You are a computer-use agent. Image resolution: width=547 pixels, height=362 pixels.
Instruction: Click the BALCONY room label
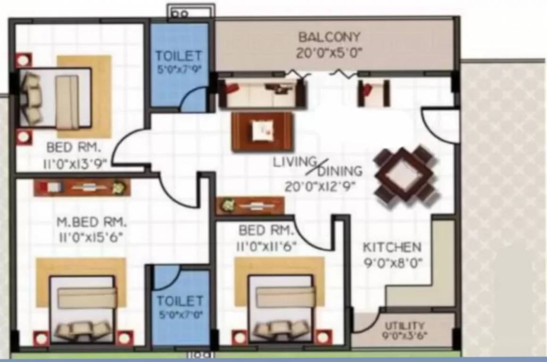329,37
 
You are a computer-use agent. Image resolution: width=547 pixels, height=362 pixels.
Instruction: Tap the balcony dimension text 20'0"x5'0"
329,53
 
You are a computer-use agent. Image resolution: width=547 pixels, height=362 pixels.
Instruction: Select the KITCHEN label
391,247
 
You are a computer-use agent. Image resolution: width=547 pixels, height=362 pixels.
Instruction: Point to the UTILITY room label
404,326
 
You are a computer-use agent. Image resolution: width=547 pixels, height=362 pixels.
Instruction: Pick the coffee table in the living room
262,132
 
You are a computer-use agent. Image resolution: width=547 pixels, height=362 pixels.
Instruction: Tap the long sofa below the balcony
262,93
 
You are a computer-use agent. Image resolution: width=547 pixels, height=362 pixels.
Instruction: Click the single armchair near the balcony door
374,93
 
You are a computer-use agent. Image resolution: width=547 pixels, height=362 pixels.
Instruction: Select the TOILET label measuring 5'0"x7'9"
179,56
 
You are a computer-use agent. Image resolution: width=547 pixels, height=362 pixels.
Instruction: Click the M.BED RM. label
91,222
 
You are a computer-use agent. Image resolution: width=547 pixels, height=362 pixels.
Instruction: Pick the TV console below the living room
250,206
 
